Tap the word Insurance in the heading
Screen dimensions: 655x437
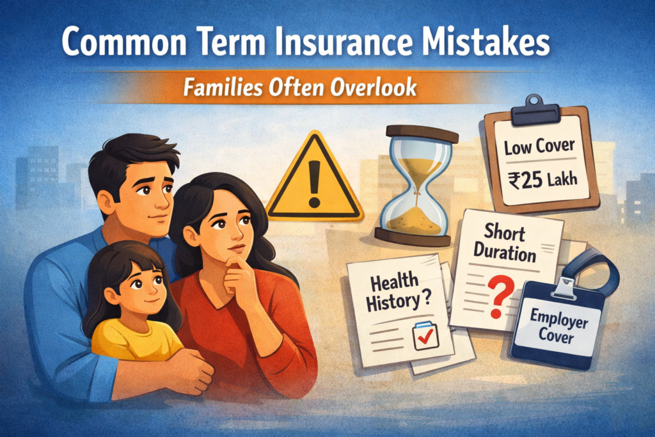335,42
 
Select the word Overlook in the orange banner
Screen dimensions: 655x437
373,87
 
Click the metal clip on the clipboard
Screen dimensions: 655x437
535,110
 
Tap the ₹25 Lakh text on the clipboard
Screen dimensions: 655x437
543,180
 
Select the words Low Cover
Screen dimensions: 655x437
539,147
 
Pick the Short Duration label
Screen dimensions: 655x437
505,242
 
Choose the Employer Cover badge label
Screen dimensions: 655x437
557,326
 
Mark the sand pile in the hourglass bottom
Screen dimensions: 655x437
414,221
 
